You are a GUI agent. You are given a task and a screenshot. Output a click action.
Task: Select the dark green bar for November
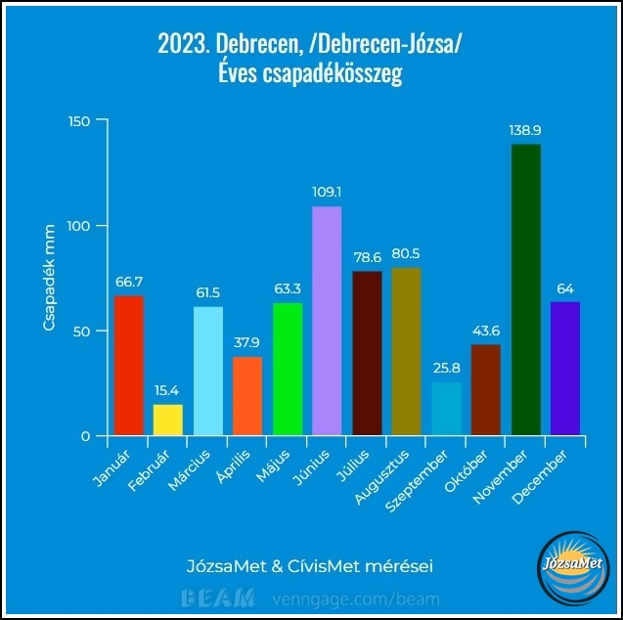(525, 289)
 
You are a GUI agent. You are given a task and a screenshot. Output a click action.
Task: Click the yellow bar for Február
(168, 420)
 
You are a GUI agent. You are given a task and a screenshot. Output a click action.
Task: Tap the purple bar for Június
(327, 321)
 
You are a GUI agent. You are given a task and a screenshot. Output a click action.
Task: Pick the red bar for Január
(128, 365)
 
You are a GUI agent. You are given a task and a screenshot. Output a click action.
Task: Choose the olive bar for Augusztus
(406, 351)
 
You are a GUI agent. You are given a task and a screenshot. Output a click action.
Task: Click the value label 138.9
(525, 129)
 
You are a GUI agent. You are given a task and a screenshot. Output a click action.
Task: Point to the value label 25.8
(446, 368)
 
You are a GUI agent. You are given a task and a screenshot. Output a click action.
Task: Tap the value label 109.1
(327, 192)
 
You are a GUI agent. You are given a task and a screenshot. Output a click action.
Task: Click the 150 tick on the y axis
(78, 120)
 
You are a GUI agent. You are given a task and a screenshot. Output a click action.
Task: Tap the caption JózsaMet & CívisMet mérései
(309, 566)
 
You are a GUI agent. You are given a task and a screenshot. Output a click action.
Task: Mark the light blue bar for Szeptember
(446, 409)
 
